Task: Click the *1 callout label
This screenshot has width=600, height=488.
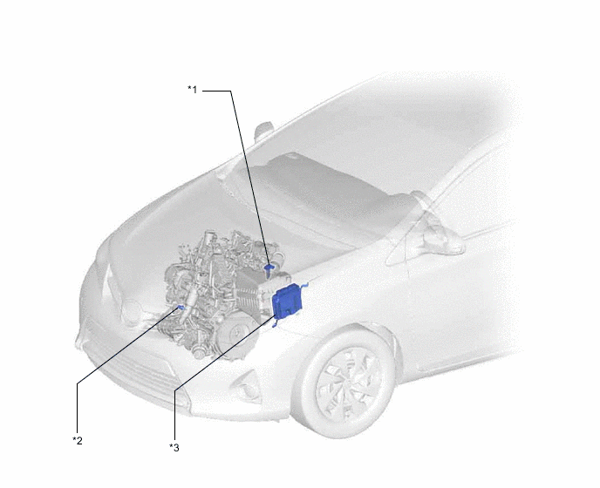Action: [192, 90]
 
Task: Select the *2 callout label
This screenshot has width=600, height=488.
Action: [78, 441]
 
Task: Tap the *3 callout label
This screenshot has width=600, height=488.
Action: [174, 447]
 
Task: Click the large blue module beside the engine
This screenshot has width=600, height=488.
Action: [287, 301]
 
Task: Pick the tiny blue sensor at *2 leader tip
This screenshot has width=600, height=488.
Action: [181, 307]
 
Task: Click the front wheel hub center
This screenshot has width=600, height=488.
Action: [348, 383]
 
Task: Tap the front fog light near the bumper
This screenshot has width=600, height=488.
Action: [246, 383]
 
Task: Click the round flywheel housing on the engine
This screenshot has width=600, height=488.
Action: [235, 334]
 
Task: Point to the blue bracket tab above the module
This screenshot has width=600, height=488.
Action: [304, 285]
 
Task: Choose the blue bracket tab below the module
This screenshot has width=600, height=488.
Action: [274, 325]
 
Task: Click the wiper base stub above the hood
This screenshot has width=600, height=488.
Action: [262, 131]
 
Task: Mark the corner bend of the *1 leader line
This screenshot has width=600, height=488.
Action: [231, 91]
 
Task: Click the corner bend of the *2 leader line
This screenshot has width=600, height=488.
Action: [78, 383]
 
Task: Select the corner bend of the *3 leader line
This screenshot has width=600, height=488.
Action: [174, 390]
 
